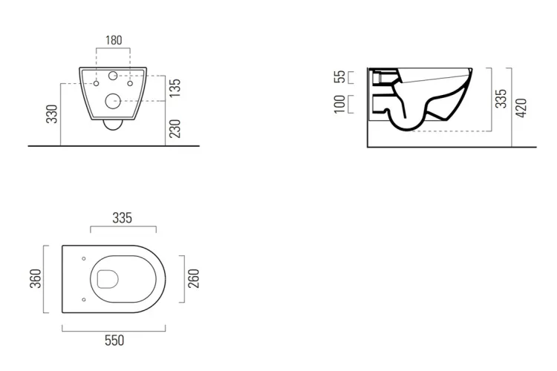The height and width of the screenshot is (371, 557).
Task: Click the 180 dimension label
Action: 114,40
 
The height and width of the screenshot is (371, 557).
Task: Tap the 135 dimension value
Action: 175,88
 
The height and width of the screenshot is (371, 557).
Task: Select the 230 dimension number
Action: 175,128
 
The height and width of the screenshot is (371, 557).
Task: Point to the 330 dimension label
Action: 52,114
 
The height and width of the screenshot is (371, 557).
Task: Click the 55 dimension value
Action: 339,76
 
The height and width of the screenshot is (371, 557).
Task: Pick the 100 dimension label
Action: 339,104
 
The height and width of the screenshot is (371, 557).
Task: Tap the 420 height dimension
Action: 521,108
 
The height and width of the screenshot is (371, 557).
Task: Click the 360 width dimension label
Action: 36,279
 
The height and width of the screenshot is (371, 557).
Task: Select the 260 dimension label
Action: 194,279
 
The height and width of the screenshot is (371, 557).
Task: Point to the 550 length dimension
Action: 114,341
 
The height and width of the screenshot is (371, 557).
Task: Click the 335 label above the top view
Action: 123,218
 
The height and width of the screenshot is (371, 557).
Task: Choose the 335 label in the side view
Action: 501,99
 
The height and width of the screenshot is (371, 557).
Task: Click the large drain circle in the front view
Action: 114,102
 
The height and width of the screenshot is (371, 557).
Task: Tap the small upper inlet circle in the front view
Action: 113,76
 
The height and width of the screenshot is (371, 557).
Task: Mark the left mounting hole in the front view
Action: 97,83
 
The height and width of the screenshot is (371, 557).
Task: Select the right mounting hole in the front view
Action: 130,83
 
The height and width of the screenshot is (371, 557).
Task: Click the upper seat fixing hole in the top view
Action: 84,258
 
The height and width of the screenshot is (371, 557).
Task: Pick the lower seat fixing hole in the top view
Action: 84,300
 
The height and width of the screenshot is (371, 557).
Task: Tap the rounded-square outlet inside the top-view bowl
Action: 108,279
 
